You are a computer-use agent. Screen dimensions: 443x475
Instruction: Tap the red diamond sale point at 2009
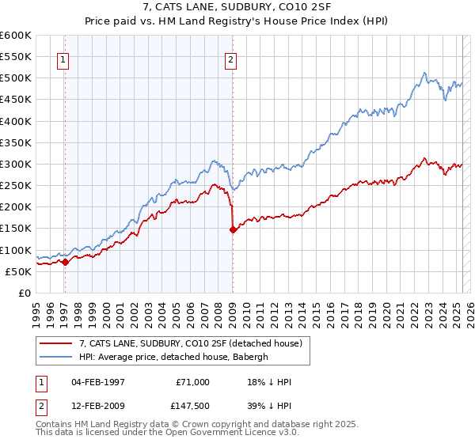tap(233, 230)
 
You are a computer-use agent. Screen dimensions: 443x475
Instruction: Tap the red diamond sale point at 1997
tap(65, 263)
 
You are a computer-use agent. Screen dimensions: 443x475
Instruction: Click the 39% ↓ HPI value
tap(269, 406)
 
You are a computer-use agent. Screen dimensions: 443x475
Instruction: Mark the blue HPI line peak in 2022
tap(425, 74)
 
